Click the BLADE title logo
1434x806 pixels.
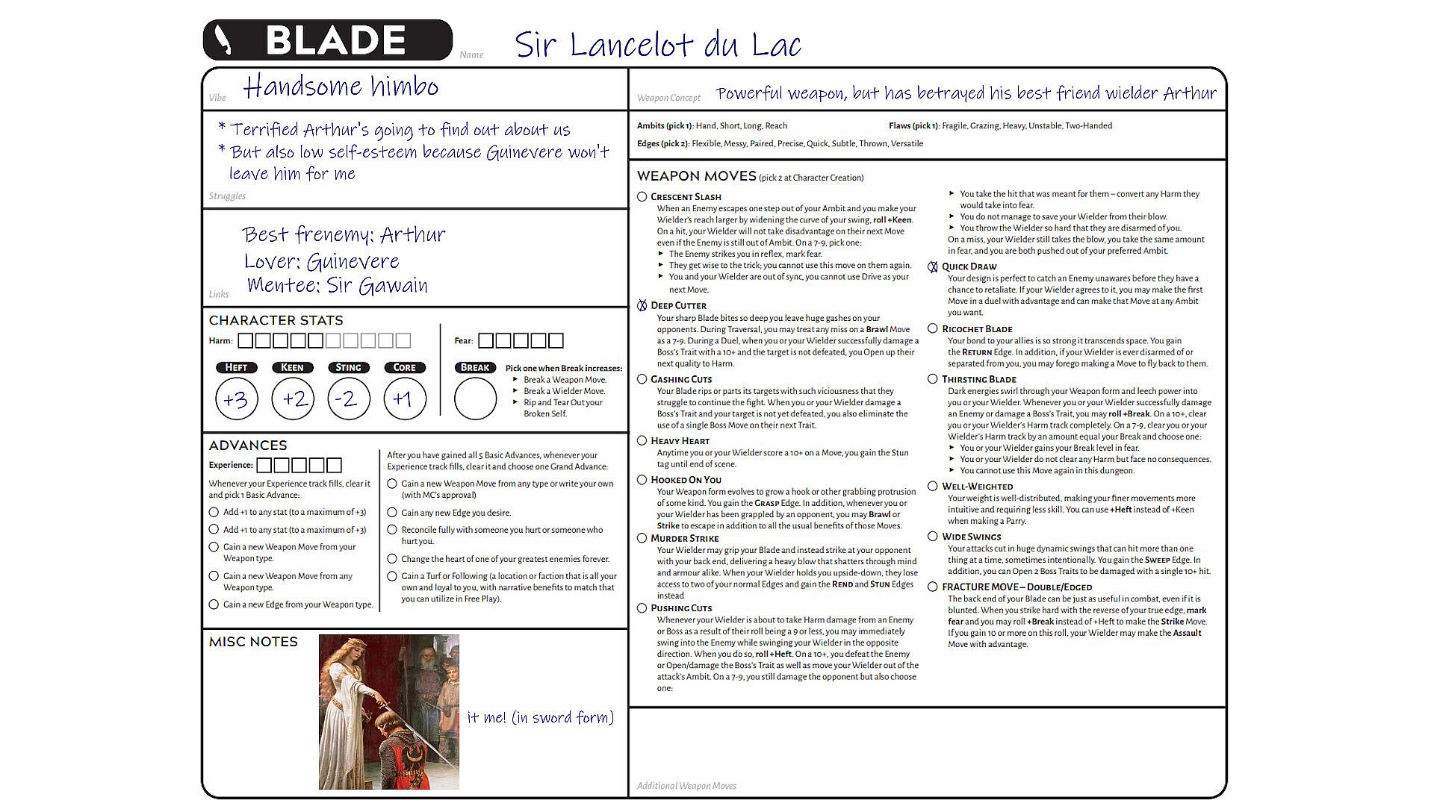coord(327,40)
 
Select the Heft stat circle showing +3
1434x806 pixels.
coord(236,399)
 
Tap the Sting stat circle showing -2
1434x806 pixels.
coord(348,399)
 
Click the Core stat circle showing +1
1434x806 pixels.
coord(405,399)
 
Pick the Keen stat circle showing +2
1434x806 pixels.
coord(293,399)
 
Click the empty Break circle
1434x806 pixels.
coord(475,399)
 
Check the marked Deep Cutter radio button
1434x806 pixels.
coord(642,305)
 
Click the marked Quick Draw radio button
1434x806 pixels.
coord(933,266)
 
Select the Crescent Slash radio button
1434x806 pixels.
coord(642,196)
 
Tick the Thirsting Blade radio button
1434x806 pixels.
coord(933,379)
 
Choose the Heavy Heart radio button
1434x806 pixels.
coord(642,440)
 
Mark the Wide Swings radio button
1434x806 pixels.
coord(933,537)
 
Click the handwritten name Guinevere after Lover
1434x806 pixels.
coord(353,262)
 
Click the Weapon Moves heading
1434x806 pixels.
coord(696,176)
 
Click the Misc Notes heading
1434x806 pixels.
coord(253,642)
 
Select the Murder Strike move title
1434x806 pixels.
coord(684,538)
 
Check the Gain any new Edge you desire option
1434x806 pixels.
coord(391,513)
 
